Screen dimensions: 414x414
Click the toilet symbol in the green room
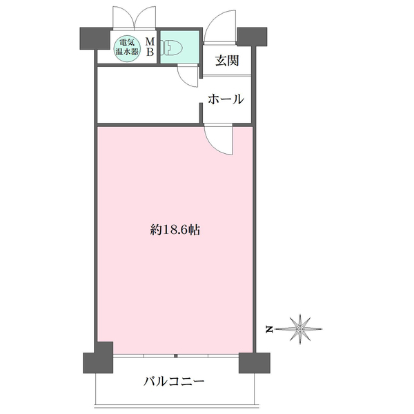click(x=172, y=48)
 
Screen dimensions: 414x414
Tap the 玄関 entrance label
click(x=227, y=61)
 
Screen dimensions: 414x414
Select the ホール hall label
click(x=226, y=99)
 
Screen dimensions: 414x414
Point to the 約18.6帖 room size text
click(x=175, y=230)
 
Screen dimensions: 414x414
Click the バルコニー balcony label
click(x=174, y=382)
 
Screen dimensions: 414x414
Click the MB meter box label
click(x=150, y=47)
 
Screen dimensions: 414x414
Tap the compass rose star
click(x=300, y=329)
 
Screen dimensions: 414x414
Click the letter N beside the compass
click(x=269, y=330)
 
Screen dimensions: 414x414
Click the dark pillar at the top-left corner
click(x=94, y=39)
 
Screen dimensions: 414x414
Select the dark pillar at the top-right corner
click(x=252, y=37)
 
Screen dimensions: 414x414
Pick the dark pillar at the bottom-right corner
click(x=255, y=363)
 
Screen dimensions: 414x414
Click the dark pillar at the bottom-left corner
click(x=99, y=358)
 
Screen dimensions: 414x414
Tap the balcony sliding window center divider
click(x=176, y=356)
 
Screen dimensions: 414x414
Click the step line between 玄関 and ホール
click(x=226, y=76)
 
